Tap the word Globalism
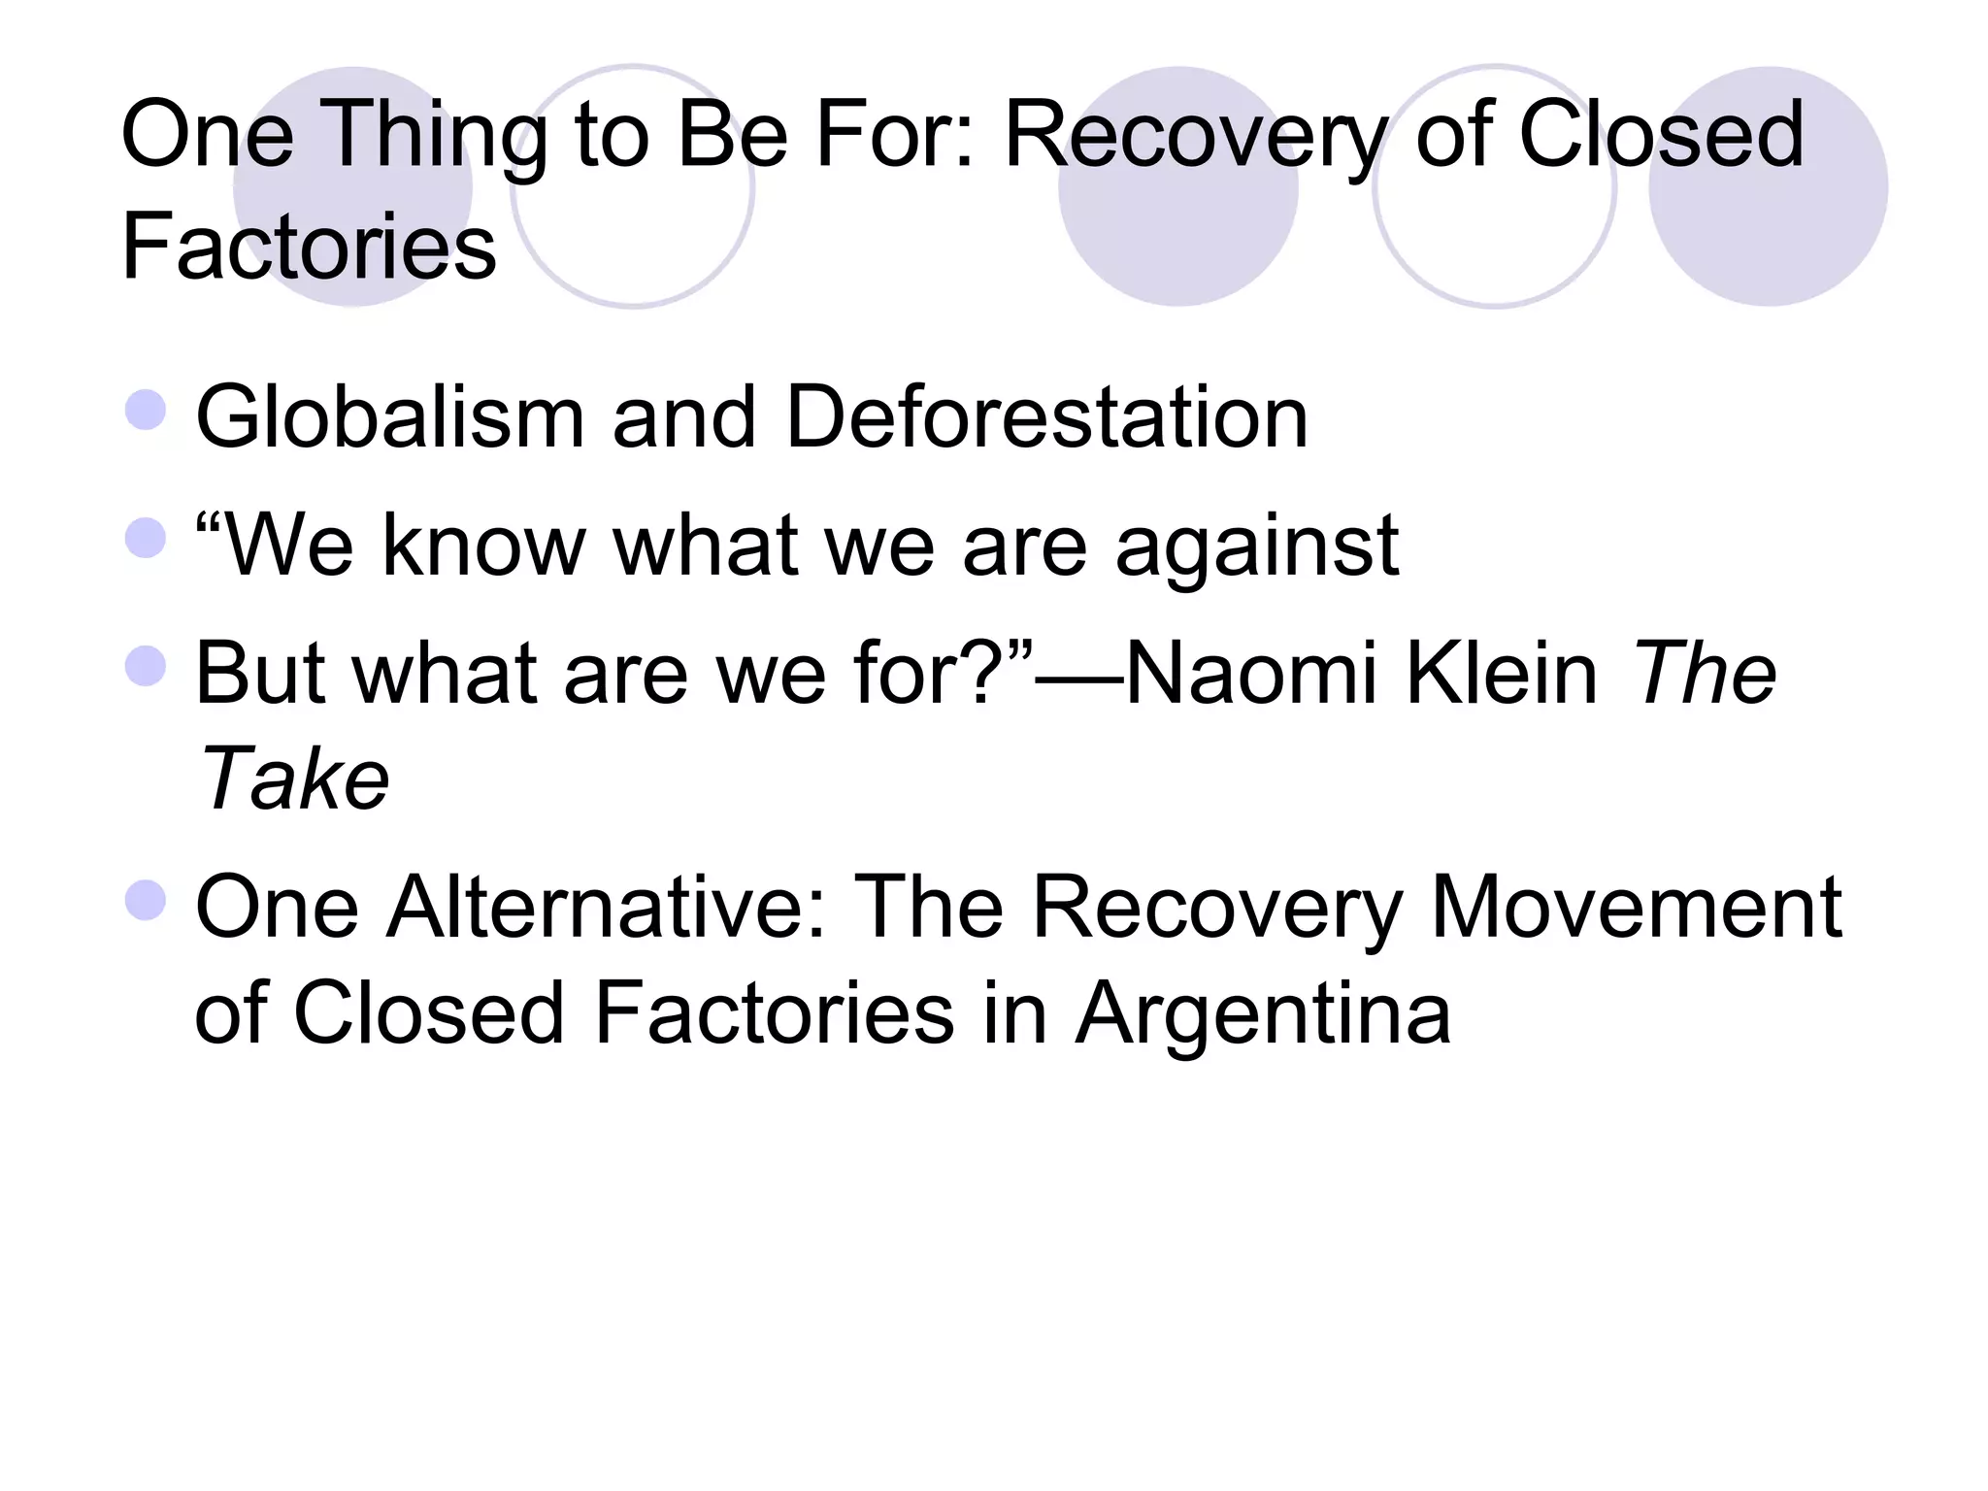pyautogui.click(x=389, y=417)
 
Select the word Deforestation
pyautogui.click(x=1046, y=417)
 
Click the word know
pyautogui.click(x=483, y=546)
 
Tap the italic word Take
pyautogui.click(x=292, y=779)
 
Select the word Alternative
pyautogui.click(x=607, y=908)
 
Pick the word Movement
pyautogui.click(x=1636, y=908)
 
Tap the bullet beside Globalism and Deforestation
pyautogui.click(x=146, y=410)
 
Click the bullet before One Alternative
pyautogui.click(x=146, y=900)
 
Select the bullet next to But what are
pyautogui.click(x=146, y=666)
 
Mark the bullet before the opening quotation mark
pyautogui.click(x=146, y=538)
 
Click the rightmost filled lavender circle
pyautogui.click(x=1768, y=186)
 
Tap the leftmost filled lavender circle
pyautogui.click(x=352, y=186)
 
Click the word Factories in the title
pyautogui.click(x=309, y=248)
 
